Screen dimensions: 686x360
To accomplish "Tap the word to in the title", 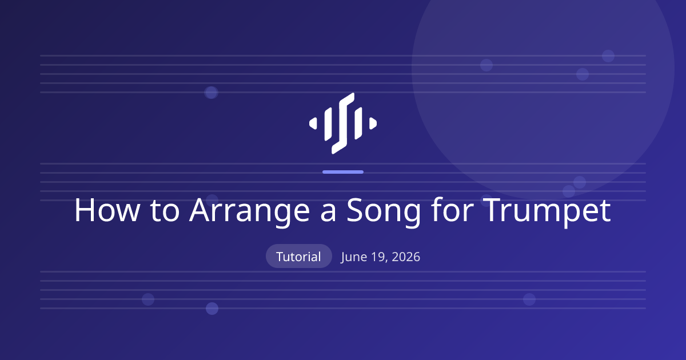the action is [165, 211].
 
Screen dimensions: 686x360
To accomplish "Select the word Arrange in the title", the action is [250, 212].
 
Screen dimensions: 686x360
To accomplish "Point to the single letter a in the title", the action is [328, 213].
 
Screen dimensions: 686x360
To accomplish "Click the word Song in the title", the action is [384, 212].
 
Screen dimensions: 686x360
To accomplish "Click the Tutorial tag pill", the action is [299, 256].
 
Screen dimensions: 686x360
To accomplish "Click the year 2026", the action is [406, 257].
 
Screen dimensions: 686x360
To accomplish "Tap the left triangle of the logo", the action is [313, 123].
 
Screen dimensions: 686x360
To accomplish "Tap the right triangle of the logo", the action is [373, 123].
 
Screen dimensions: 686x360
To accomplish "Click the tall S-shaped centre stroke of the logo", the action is [343, 123].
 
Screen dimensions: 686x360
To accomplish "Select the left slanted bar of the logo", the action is [328, 124].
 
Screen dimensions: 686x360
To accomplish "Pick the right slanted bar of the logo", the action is [358, 123].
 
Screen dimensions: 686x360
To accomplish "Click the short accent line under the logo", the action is [343, 172].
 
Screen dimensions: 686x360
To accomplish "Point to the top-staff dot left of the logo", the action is [211, 93].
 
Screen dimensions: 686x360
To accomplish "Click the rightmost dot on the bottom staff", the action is [529, 299].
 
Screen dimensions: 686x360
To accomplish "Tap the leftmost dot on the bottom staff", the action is [148, 299].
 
